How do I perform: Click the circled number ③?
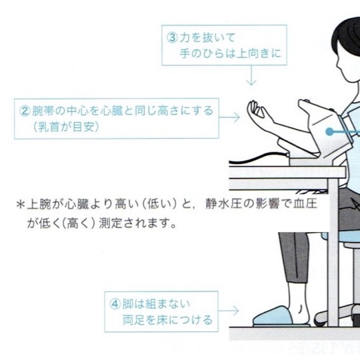tap(172, 38)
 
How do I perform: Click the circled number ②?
tap(25, 111)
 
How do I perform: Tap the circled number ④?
tap(115, 304)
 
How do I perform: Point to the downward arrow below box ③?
tap(251, 75)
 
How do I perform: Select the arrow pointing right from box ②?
tap(229, 117)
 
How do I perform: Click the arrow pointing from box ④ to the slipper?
tap(229, 311)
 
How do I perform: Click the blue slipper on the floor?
tap(273, 317)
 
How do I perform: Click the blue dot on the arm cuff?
tap(329, 132)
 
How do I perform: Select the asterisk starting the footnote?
tap(21, 205)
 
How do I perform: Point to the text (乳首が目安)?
tap(67, 127)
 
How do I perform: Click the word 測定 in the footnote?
tap(110, 223)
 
